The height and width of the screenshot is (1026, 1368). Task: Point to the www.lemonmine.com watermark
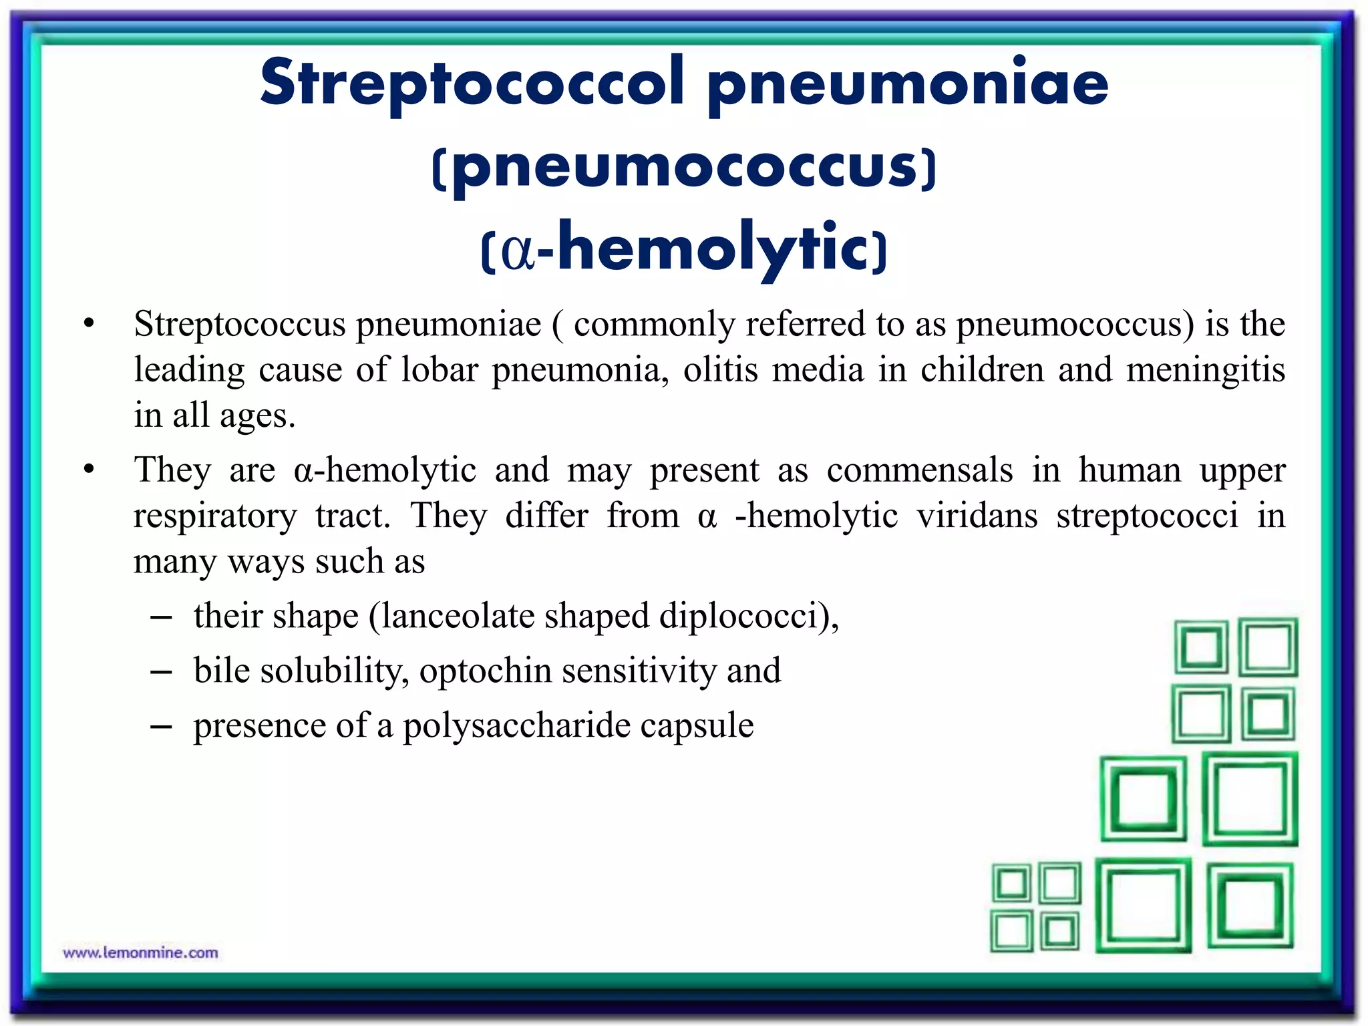pos(140,953)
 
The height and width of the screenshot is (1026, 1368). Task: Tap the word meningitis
pos(1205,370)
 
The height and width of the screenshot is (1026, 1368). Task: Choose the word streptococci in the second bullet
pos(1147,516)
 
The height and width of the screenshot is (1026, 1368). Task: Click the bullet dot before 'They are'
pos(89,470)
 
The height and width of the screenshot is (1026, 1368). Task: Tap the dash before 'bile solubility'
pos(161,671)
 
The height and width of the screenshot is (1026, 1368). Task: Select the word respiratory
pos(214,516)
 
